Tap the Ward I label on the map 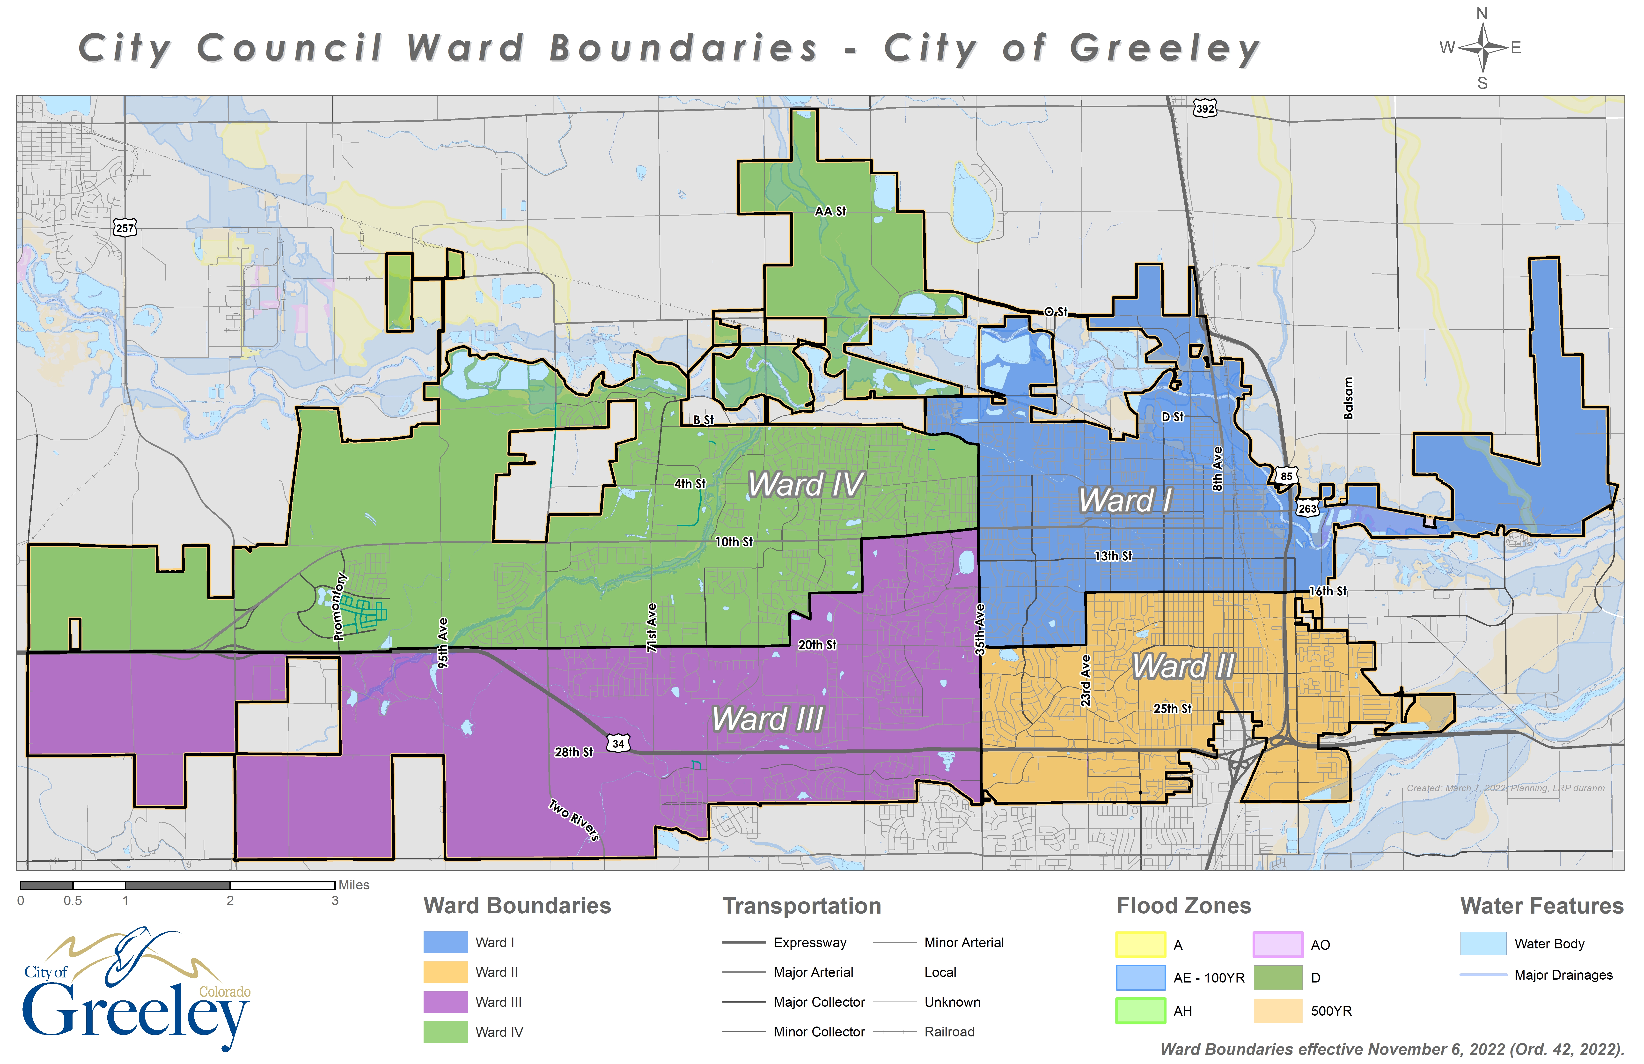(x=1125, y=500)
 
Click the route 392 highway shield (x=1205, y=109)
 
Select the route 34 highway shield (x=618, y=743)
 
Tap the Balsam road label (x=1348, y=398)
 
